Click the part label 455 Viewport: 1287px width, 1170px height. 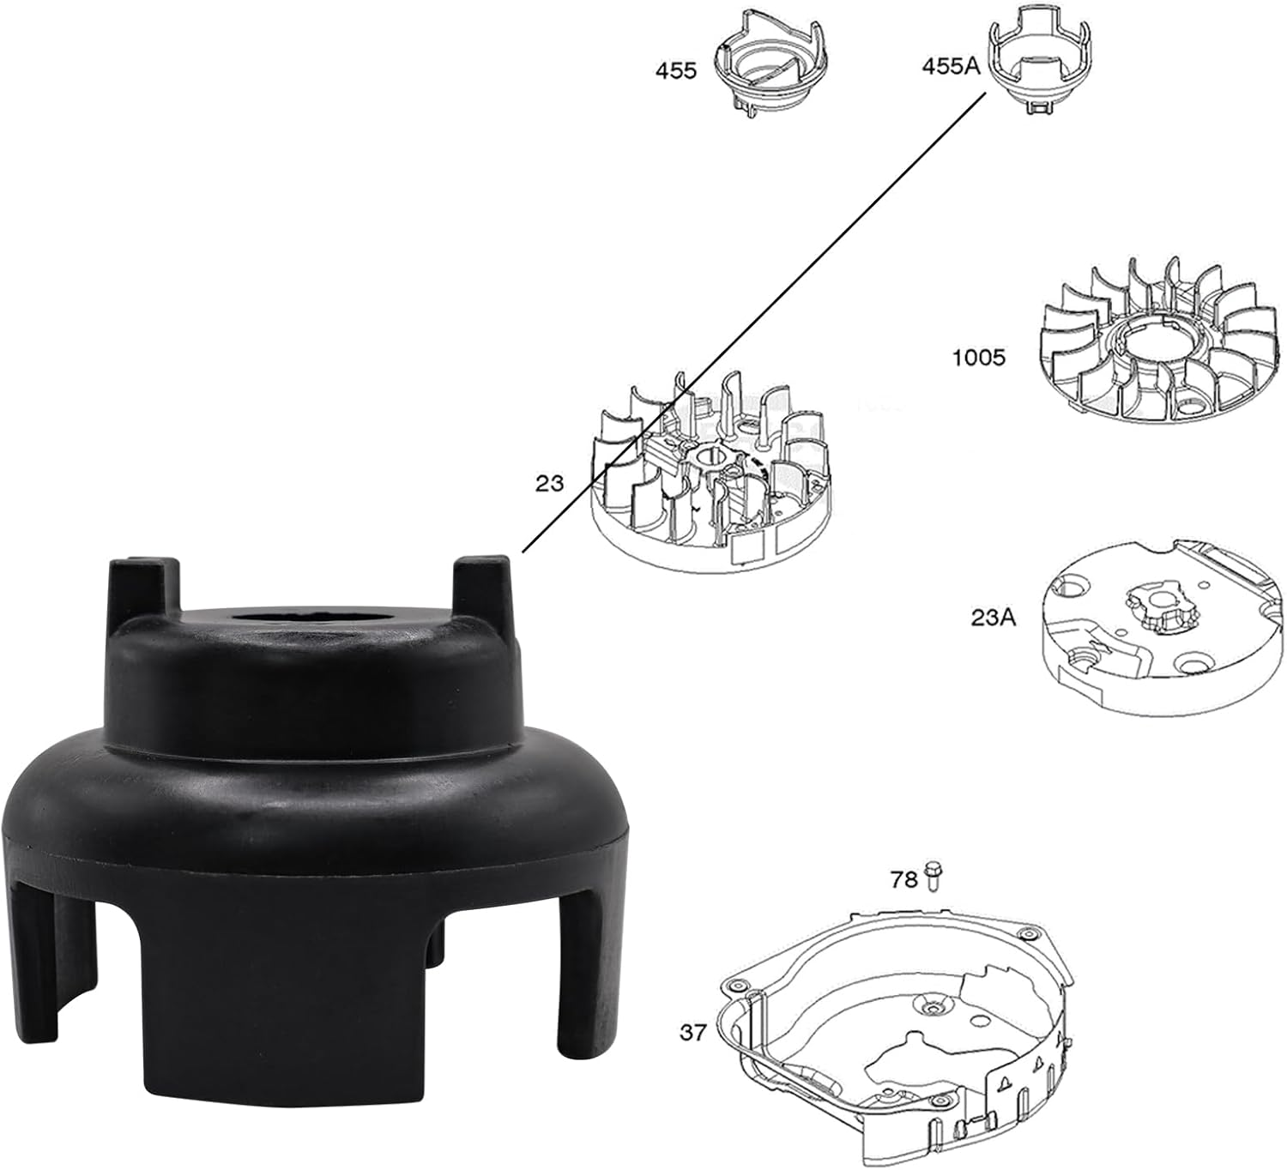pos(676,70)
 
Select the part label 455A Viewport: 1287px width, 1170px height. pos(950,66)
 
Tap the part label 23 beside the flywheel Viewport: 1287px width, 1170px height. pos(549,483)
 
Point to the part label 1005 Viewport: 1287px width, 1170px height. pos(978,357)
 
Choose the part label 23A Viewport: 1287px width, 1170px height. pos(993,616)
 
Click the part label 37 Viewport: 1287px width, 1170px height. pos(692,1032)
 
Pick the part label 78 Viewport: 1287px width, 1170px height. pos(903,879)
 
